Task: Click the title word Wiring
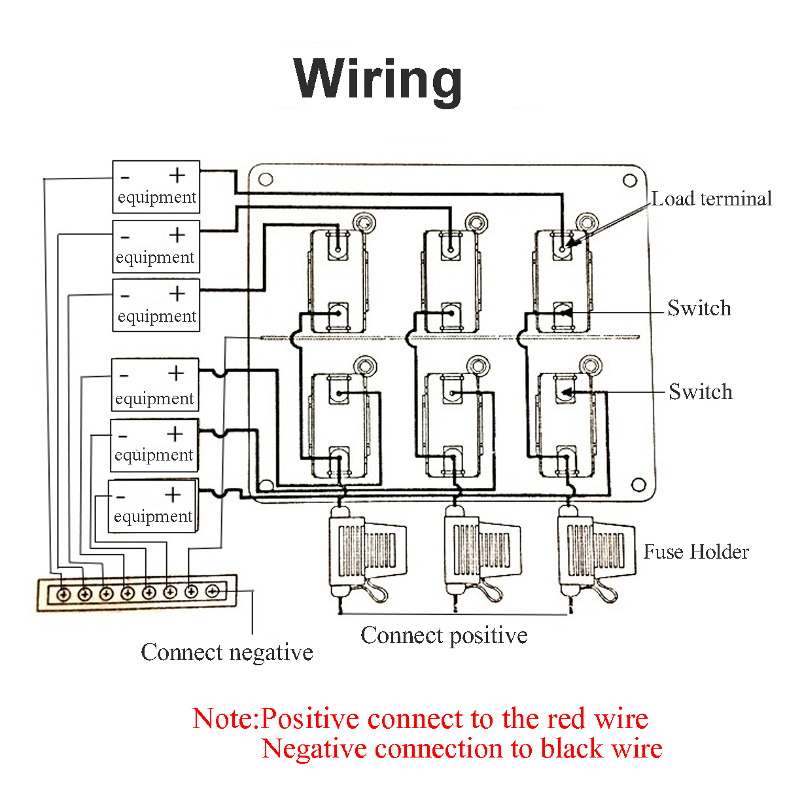pyautogui.click(x=378, y=78)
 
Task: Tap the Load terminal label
pyautogui.click(x=711, y=199)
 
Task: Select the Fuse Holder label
pyautogui.click(x=695, y=552)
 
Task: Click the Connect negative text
pyautogui.click(x=226, y=652)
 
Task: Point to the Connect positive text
pyautogui.click(x=444, y=635)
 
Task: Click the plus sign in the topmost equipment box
pyautogui.click(x=177, y=175)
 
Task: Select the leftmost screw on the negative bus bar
pyautogui.click(x=63, y=594)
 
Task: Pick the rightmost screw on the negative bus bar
pyautogui.click(x=213, y=591)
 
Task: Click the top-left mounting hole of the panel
pyautogui.click(x=266, y=179)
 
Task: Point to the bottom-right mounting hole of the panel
pyautogui.click(x=637, y=485)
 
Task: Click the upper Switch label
pyautogui.click(x=699, y=308)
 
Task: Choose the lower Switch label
pyautogui.click(x=700, y=392)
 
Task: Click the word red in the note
pyautogui.click(x=568, y=719)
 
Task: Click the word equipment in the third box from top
pyautogui.click(x=157, y=317)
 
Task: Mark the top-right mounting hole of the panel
pyautogui.click(x=629, y=181)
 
